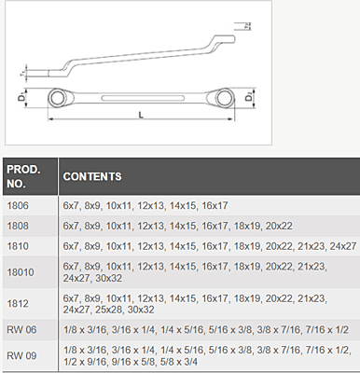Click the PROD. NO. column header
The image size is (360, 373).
[x=23, y=176]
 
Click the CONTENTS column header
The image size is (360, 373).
[x=92, y=176]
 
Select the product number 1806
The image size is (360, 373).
[x=18, y=205]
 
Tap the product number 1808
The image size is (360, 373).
[x=18, y=226]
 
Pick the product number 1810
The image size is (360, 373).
[x=18, y=246]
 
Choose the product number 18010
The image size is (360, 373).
[x=21, y=272]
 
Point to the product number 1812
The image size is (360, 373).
[x=18, y=303]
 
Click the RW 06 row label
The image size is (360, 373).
[x=21, y=329]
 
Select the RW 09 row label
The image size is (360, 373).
[x=21, y=355]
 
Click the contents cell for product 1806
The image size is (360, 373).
[x=145, y=205]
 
